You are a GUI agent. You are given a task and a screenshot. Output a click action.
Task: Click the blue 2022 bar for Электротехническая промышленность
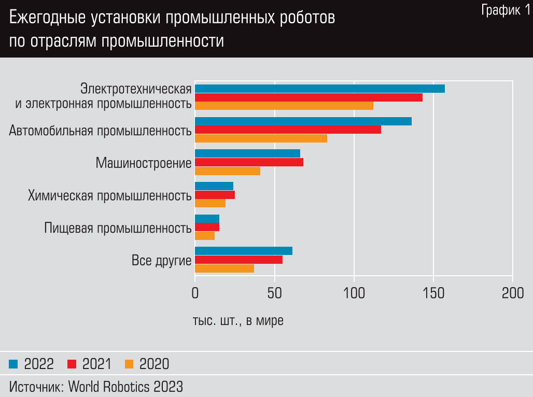point(319,89)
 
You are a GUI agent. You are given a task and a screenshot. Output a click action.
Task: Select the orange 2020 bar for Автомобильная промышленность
point(261,138)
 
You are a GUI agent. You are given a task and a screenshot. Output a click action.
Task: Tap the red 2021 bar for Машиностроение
point(249,162)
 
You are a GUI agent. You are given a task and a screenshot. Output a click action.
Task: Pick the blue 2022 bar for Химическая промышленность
point(214,186)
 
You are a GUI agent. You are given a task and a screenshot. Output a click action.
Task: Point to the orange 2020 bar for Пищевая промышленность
point(205,236)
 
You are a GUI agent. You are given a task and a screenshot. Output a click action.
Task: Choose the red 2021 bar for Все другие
point(239,260)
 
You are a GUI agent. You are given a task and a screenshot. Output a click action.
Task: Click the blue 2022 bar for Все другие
point(244,251)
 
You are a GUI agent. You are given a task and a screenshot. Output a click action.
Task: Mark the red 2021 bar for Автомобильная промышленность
point(288,130)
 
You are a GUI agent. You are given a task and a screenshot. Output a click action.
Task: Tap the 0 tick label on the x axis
point(195,293)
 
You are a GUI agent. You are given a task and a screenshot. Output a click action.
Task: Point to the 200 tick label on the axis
point(512,293)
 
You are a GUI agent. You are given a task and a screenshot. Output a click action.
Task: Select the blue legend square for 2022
point(13,364)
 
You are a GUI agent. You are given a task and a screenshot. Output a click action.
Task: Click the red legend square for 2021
point(72,364)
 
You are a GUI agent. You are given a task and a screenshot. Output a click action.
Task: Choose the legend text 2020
point(154,364)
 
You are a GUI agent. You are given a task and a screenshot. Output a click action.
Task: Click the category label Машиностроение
point(144,163)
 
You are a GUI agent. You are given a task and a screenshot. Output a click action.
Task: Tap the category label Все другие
point(162,260)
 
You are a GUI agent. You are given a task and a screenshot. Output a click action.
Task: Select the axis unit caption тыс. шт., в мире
point(238,321)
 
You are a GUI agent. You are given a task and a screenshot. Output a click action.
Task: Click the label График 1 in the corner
point(506,10)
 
